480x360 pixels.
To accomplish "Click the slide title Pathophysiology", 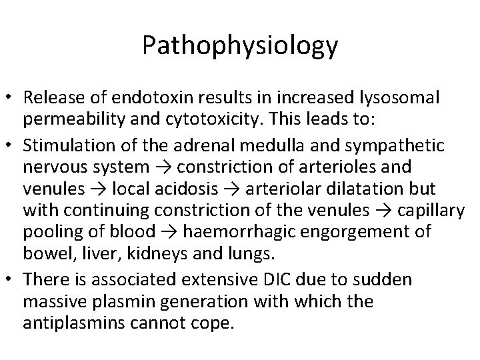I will point(240,46).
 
